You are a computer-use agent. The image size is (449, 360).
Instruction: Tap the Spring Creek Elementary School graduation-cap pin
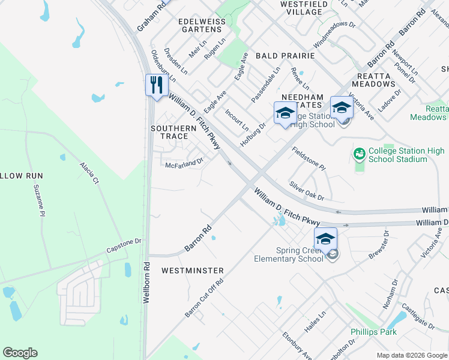click(325, 238)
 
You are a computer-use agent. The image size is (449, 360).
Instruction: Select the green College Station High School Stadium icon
click(360, 155)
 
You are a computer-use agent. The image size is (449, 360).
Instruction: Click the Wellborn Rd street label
click(146, 282)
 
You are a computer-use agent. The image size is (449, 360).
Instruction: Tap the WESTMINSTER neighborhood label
click(192, 271)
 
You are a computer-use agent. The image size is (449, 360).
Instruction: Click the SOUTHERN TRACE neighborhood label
click(173, 132)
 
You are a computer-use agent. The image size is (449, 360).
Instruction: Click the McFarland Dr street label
click(185, 162)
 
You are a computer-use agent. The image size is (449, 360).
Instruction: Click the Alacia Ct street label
click(89, 173)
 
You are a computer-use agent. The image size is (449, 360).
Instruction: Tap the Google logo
click(20, 353)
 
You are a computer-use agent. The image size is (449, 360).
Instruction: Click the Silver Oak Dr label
click(306, 191)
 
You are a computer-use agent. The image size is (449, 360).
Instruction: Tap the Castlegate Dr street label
click(419, 317)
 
